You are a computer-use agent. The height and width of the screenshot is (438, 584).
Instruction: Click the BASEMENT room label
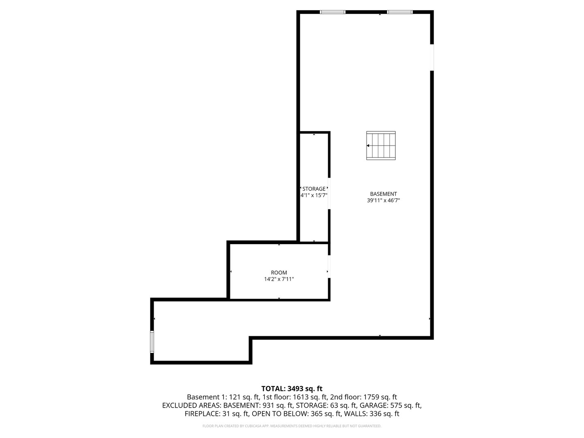[x=383, y=194]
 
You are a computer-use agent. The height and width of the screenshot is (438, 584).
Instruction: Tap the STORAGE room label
[x=314, y=189]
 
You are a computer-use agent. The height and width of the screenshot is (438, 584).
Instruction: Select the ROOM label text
[x=279, y=273]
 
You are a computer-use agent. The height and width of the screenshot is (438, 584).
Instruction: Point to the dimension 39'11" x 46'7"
[x=383, y=200]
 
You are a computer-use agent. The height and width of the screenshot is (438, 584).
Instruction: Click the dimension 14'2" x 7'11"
[x=279, y=279]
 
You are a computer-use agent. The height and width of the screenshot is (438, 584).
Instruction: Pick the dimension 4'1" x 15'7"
[x=314, y=195]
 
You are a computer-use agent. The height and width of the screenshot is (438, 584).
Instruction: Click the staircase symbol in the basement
[x=381, y=145]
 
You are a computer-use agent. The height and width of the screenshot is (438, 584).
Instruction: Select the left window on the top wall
[x=333, y=12]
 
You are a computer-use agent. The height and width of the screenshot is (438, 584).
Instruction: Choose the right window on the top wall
[x=400, y=12]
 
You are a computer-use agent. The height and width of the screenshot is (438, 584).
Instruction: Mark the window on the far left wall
[x=152, y=342]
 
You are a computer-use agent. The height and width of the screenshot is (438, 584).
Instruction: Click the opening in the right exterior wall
[x=432, y=57]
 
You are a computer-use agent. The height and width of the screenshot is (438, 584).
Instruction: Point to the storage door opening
[x=329, y=193]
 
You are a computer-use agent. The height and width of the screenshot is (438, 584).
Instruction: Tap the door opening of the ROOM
[x=329, y=266]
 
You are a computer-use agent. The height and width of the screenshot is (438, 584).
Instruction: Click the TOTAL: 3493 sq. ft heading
[x=292, y=389]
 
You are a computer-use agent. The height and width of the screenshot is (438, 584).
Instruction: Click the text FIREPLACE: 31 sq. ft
[x=217, y=414]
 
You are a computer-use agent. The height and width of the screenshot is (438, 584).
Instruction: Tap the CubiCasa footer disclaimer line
[x=292, y=426]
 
